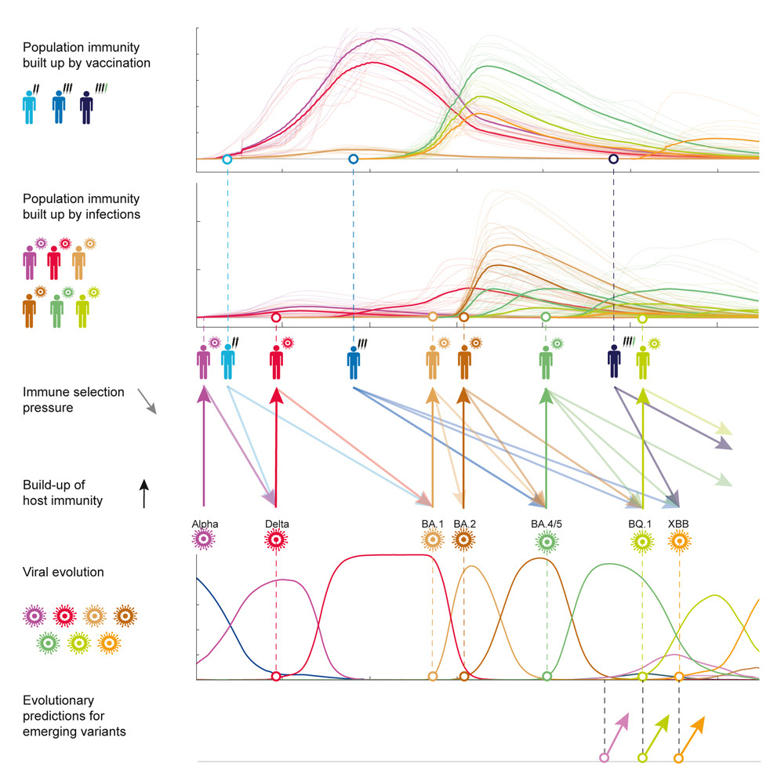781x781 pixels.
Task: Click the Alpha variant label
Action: pyautogui.click(x=204, y=523)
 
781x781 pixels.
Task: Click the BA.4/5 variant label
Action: pyautogui.click(x=547, y=523)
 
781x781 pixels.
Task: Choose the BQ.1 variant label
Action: pyautogui.click(x=643, y=523)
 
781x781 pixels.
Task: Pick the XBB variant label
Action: pyautogui.click(x=679, y=523)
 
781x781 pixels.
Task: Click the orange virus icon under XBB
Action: pyautogui.click(x=679, y=541)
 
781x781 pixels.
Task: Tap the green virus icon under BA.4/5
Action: pyautogui.click(x=547, y=541)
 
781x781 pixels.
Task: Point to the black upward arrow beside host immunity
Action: pyautogui.click(x=144, y=496)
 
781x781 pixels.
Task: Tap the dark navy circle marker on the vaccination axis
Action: pyautogui.click(x=613, y=159)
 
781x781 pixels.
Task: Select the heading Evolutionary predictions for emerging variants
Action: pyautogui.click(x=74, y=715)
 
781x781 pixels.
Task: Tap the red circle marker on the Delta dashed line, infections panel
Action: pyautogui.click(x=275, y=318)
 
